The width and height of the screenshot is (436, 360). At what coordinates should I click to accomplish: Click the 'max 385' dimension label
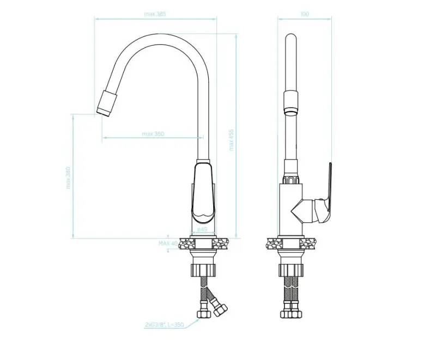click(155, 14)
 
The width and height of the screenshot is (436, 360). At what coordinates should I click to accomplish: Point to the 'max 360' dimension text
click(153, 134)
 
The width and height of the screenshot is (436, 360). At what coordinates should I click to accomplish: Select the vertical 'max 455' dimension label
click(231, 139)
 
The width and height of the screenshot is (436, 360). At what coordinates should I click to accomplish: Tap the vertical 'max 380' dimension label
click(69, 178)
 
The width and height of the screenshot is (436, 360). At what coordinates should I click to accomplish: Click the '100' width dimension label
click(304, 14)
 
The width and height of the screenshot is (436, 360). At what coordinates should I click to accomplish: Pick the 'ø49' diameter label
click(202, 230)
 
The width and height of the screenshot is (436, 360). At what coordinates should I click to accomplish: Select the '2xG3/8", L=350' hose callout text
click(163, 325)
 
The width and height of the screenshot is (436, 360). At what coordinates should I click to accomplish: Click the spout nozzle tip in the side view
click(106, 103)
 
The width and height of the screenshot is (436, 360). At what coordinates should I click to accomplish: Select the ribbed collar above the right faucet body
click(292, 179)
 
